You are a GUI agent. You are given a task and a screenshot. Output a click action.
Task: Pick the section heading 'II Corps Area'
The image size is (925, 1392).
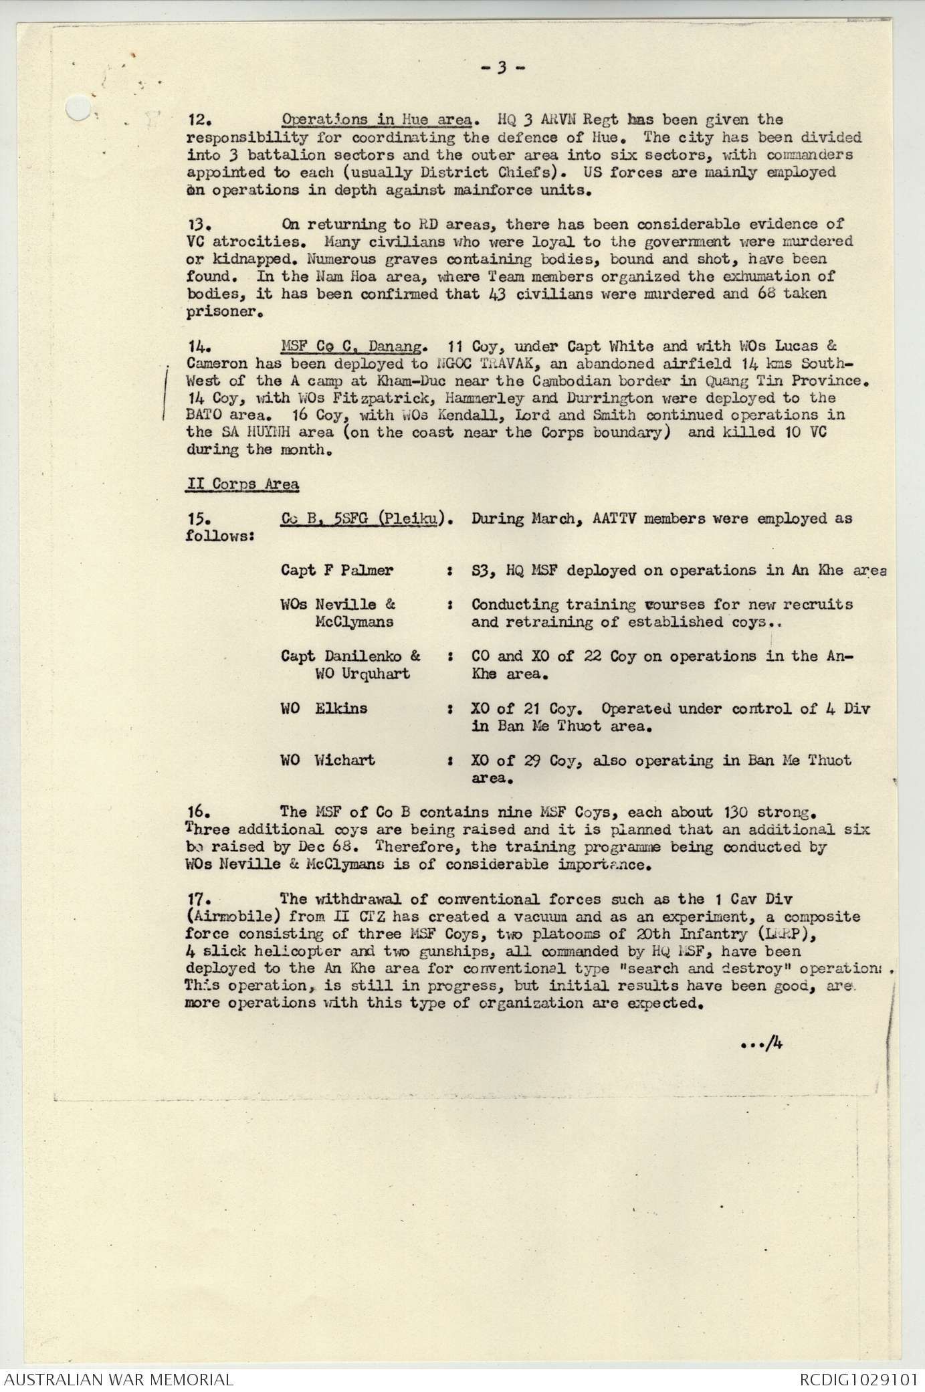242,484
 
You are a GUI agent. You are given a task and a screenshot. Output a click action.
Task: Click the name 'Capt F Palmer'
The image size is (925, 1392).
337,571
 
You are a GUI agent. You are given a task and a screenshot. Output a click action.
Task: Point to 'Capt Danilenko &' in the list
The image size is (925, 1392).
350,656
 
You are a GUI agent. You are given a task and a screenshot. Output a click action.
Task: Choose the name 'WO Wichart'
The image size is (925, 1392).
328,761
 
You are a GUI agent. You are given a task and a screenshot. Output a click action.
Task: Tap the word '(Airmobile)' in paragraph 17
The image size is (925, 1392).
225,916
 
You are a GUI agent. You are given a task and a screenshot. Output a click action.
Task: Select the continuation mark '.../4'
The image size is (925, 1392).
761,1041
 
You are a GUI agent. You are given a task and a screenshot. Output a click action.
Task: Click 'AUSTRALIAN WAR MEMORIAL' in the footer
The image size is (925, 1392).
118,1379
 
